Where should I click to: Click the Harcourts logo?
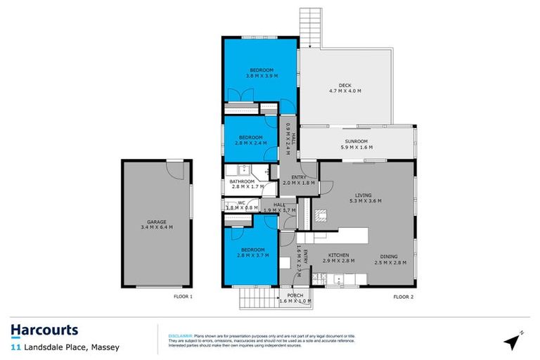44,330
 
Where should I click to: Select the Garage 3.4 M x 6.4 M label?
156,224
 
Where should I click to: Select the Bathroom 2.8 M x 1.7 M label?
247,184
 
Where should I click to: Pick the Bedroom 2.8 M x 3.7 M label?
251,252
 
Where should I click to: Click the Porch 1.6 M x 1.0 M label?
295,298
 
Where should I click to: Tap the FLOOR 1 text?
183,297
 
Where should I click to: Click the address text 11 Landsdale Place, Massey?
65,347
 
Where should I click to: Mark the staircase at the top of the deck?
309,28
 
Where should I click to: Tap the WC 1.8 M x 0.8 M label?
238,207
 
